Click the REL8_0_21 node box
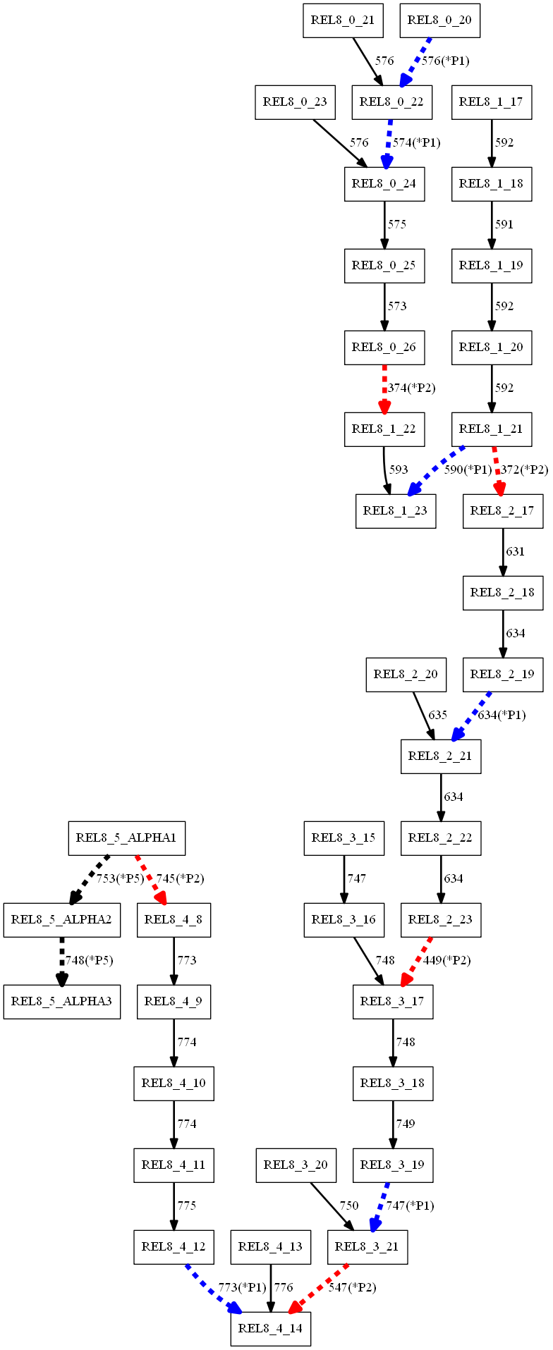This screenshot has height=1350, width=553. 342,20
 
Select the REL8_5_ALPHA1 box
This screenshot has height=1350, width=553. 126,838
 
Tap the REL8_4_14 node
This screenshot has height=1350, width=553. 270,1329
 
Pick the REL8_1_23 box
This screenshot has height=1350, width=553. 395,511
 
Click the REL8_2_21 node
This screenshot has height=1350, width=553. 441,756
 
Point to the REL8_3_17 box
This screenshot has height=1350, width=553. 393,1002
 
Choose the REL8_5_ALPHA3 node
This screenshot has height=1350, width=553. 61,1002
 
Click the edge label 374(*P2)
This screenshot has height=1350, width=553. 412,388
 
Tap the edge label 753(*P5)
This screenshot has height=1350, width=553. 120,879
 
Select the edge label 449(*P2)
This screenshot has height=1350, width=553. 446,961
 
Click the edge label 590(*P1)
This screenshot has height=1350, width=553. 468,470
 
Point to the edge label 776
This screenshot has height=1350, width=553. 284,1288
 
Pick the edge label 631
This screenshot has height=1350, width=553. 516,552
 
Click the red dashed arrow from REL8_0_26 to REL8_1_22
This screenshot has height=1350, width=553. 384,388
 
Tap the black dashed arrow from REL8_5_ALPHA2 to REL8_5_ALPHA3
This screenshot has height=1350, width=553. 61,960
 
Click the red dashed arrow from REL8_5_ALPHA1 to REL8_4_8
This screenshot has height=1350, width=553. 150,879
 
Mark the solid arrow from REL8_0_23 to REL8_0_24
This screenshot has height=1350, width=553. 339,143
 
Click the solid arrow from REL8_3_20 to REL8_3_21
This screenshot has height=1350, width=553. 335,1206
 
